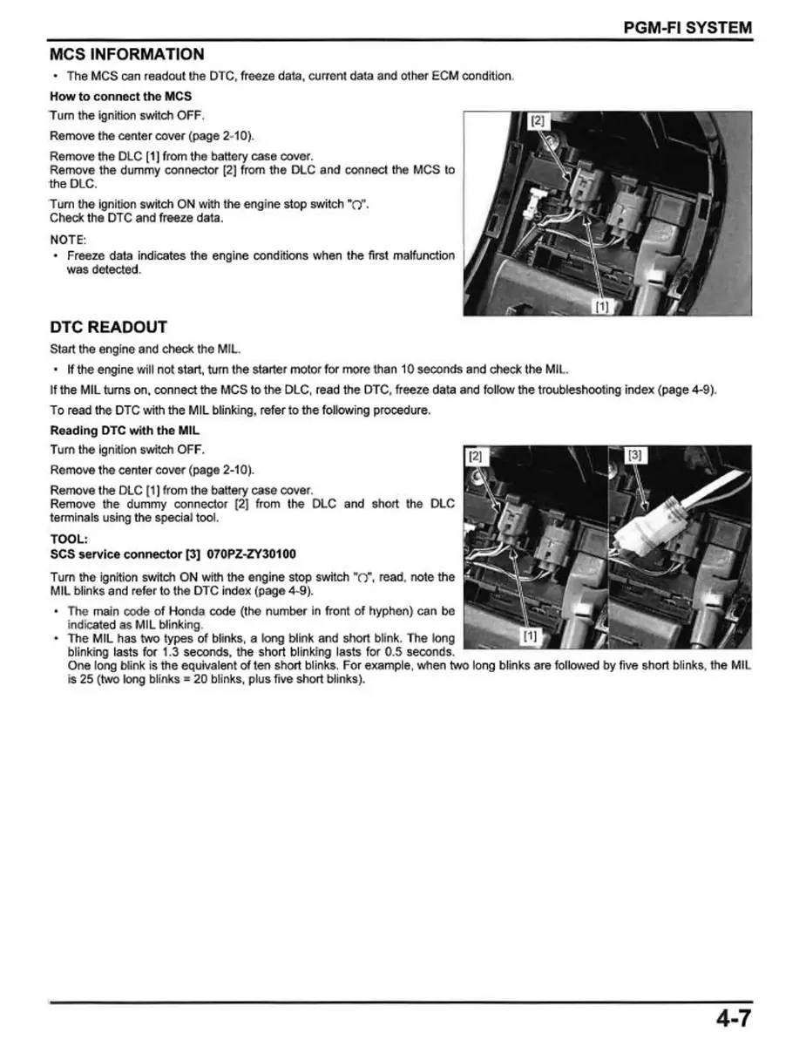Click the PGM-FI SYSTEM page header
(687, 27)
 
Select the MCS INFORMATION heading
(127, 54)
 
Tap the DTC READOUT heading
(108, 328)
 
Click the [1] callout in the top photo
(601, 305)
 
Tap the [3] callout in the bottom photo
(635, 455)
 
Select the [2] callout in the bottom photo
(476, 455)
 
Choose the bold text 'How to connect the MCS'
(120, 96)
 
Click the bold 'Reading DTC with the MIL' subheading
(125, 431)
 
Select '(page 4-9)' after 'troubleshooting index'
(684, 390)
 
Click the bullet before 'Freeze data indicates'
(56, 256)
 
